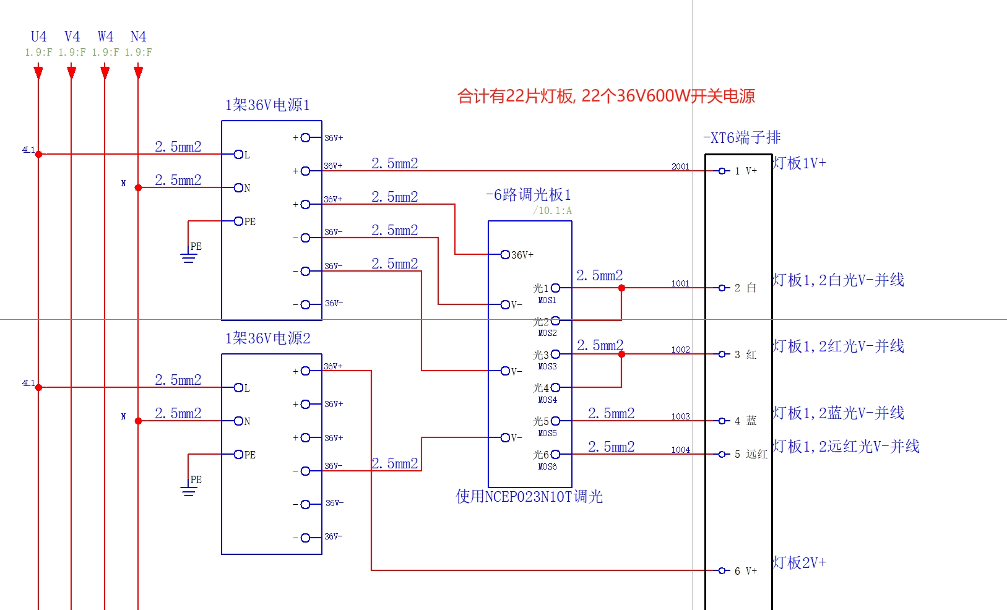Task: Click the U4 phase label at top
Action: click(x=38, y=37)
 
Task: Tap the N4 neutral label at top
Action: click(x=138, y=37)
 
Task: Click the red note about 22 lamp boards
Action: click(x=606, y=96)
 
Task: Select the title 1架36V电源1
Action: click(x=267, y=105)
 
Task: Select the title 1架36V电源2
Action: click(x=267, y=338)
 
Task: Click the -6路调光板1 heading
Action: click(x=529, y=195)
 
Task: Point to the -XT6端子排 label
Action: click(x=742, y=137)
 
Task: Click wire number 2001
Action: click(x=680, y=166)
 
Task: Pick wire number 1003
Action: click(x=680, y=416)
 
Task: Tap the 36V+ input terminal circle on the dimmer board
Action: click(x=505, y=254)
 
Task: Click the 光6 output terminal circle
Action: click(x=555, y=454)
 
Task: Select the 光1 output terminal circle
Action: click(x=555, y=288)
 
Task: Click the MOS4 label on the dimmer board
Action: click(x=547, y=400)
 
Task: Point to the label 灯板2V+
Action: click(x=799, y=563)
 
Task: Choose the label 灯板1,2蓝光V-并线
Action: click(x=838, y=413)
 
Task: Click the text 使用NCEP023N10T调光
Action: click(x=529, y=497)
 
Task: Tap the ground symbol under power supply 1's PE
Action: click(x=188, y=257)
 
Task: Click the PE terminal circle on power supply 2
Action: click(x=238, y=455)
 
